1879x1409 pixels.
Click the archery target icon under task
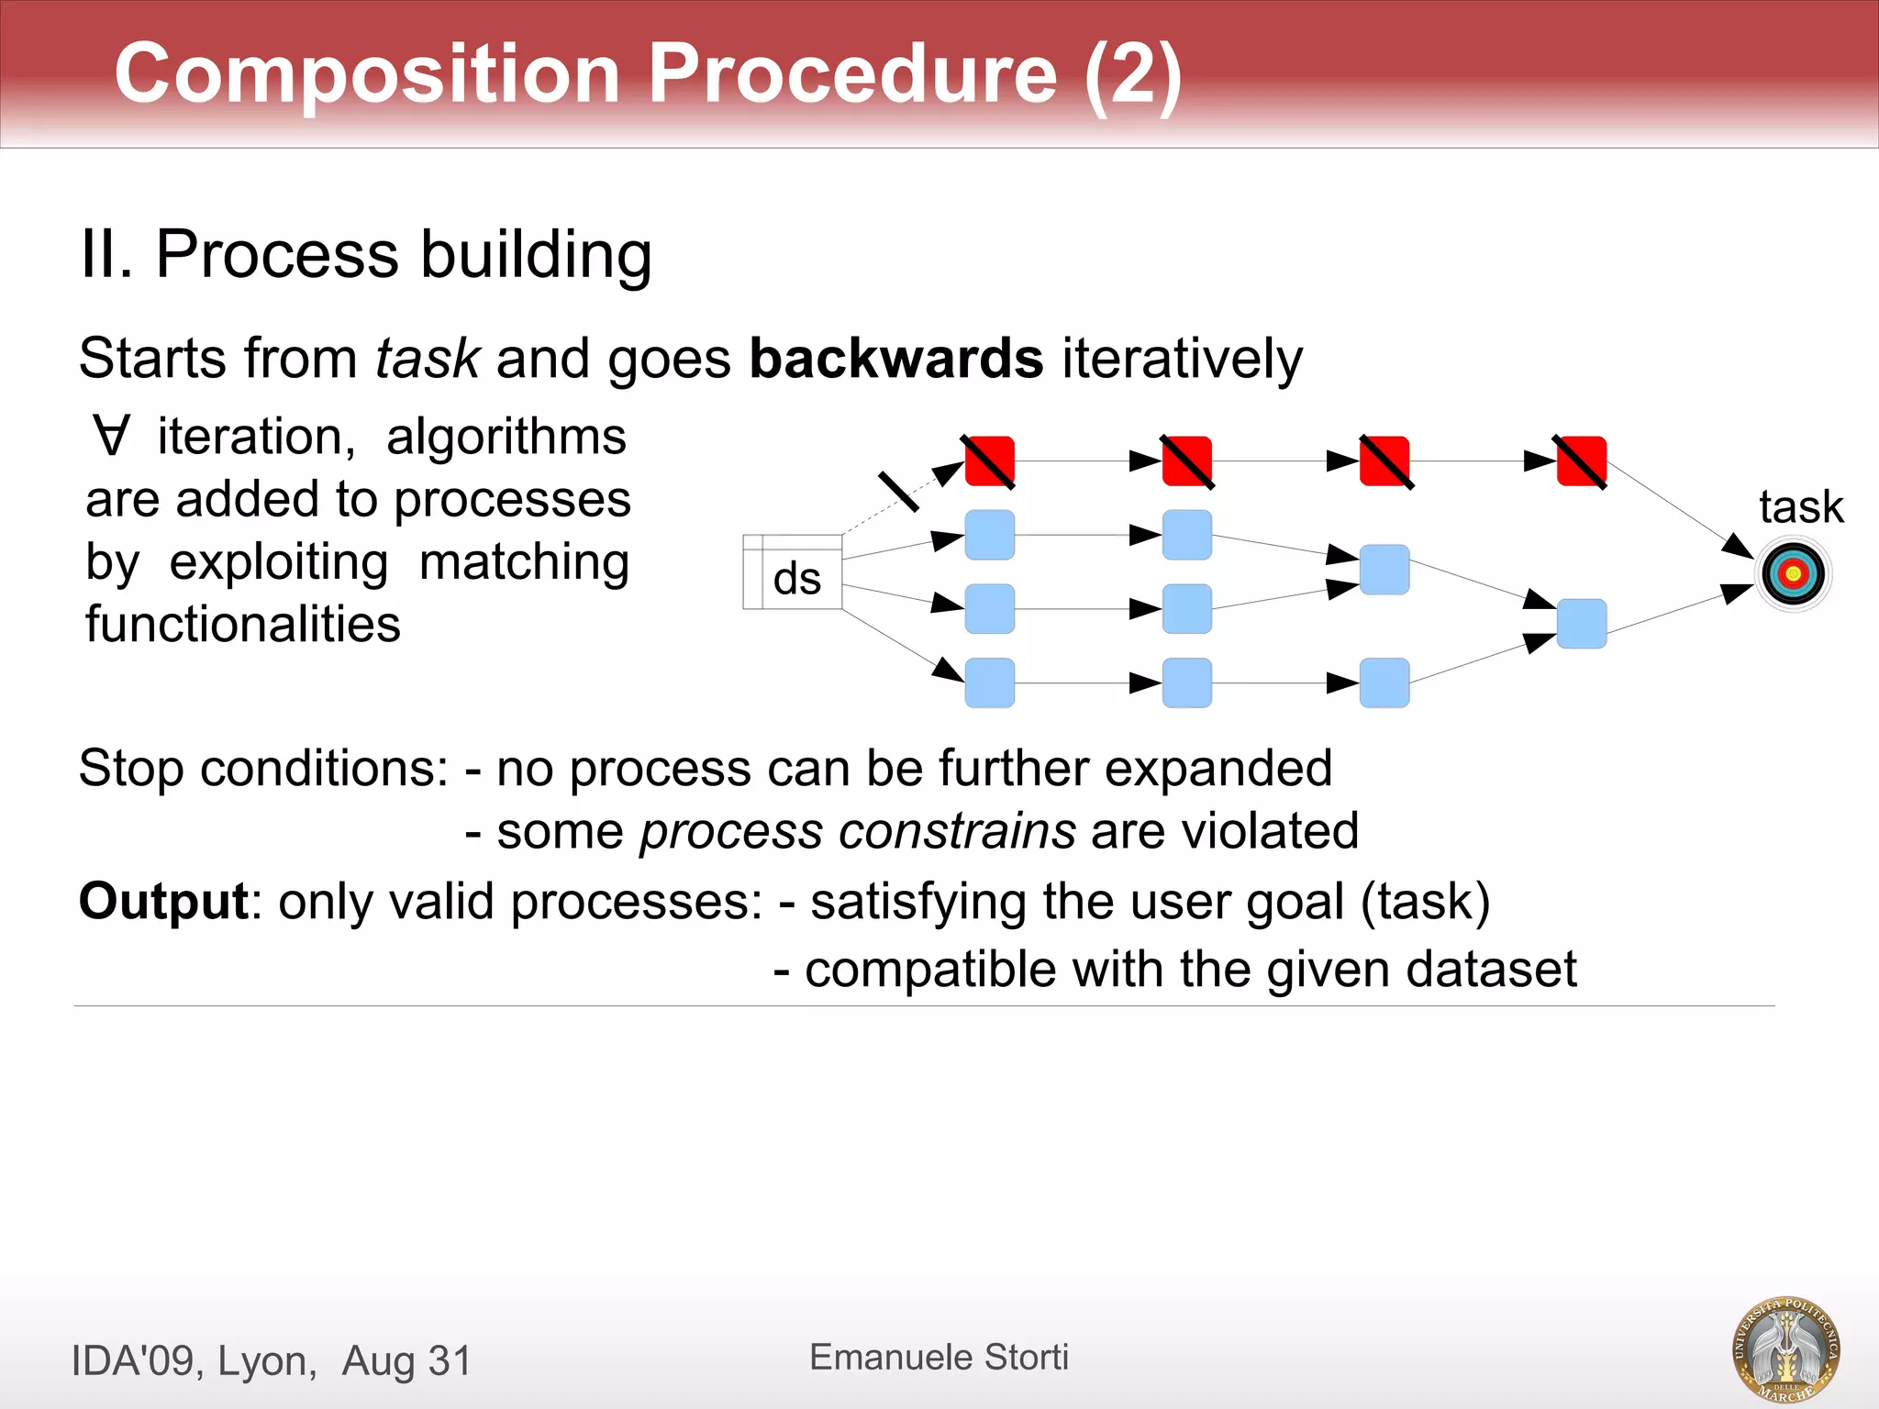coord(1794,574)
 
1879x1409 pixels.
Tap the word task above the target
coord(1800,506)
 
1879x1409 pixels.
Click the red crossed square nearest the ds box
coord(989,461)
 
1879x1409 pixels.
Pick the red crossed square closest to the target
coord(1581,461)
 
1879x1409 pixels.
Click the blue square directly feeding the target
coord(1581,624)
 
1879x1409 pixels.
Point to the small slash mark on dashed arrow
coord(898,492)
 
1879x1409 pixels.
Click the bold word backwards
coord(895,358)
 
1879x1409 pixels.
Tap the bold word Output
coord(163,901)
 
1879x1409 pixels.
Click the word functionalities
coord(243,624)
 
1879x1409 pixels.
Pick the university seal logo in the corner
coord(1785,1348)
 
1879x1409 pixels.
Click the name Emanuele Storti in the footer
coord(939,1357)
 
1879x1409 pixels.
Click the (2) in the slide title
coord(1132,75)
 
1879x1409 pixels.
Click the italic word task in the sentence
coord(428,358)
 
